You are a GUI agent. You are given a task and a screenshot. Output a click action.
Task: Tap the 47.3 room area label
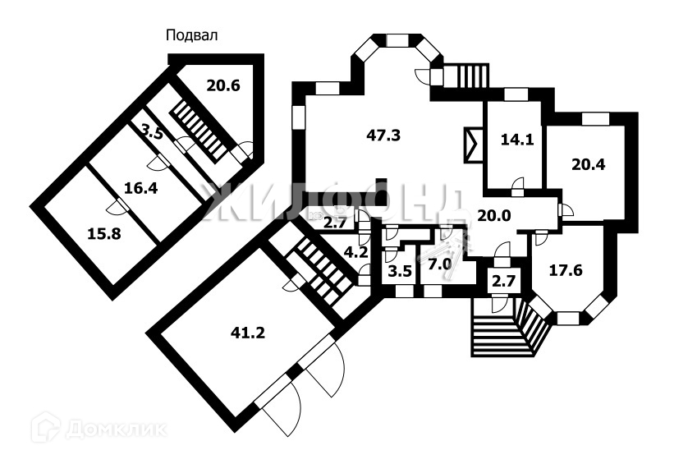[383, 136]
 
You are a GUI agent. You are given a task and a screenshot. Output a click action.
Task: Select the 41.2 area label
[248, 333]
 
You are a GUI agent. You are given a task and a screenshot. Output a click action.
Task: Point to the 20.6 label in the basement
[222, 84]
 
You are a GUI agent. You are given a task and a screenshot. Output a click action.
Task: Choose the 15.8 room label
[103, 233]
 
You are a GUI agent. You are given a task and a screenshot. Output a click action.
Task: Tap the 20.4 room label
[588, 163]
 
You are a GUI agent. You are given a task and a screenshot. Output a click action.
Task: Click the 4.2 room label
[355, 253]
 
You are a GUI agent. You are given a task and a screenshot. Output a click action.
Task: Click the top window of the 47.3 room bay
[398, 39]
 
